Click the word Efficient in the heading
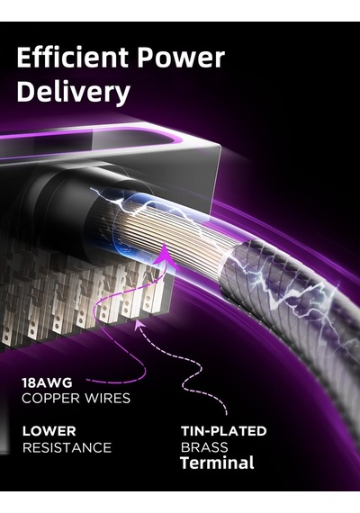[72, 57]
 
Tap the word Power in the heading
[181, 58]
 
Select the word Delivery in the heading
[74, 92]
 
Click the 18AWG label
[47, 382]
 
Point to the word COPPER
[50, 398]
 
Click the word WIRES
[107, 398]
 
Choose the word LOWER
[49, 431]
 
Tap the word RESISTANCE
[67, 447]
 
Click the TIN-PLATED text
[224, 431]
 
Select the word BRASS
[204, 447]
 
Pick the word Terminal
[217, 463]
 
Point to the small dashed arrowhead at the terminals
[139, 323]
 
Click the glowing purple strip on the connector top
[98, 137]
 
